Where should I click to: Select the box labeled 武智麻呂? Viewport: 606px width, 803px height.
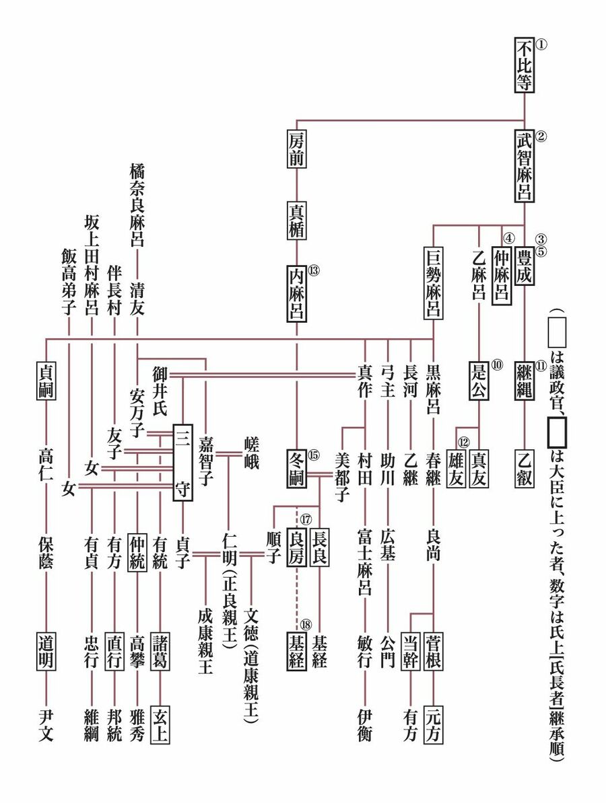click(525, 165)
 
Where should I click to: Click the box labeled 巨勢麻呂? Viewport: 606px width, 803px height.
click(433, 283)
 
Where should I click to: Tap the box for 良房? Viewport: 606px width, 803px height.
click(297, 549)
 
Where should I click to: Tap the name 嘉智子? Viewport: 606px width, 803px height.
click(205, 463)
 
